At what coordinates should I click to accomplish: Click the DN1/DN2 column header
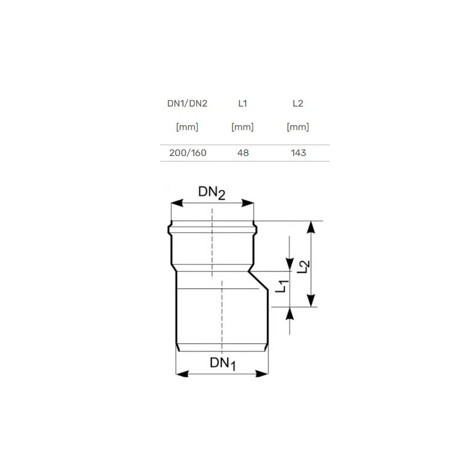point(187,104)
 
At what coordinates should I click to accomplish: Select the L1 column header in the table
point(243,104)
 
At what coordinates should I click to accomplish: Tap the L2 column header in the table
point(298,104)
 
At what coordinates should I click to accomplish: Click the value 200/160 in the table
point(187,153)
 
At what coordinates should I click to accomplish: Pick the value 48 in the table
point(243,153)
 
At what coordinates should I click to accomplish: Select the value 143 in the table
point(298,153)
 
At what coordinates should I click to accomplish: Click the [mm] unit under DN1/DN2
point(187,127)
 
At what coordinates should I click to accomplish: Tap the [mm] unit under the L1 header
point(243,127)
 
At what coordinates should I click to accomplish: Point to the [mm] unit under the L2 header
point(298,127)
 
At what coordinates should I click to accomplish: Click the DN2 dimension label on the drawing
point(211,193)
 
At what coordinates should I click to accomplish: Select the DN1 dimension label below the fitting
point(223,364)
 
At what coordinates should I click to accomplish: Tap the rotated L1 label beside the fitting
point(283,287)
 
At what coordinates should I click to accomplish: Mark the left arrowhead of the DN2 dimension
point(175,203)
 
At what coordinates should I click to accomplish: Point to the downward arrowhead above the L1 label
point(289,264)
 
